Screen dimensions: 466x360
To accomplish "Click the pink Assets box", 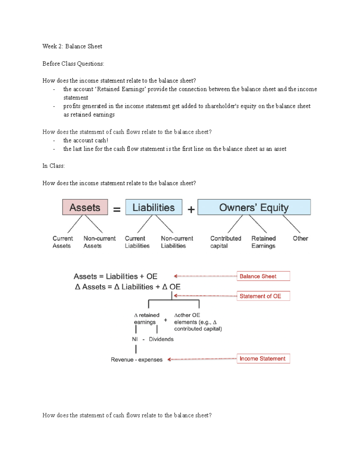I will [x=85, y=207].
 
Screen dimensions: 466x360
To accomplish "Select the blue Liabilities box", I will [x=154, y=207].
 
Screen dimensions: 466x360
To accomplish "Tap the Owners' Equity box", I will [x=254, y=207].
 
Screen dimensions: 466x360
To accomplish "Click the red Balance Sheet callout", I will [x=263, y=276].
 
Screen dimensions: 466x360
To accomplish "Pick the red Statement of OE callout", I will [x=263, y=296].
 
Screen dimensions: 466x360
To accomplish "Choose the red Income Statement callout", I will [x=263, y=359].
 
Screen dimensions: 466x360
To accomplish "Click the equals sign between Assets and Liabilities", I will [x=117, y=209].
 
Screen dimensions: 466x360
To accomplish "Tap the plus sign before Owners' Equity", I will [x=191, y=209].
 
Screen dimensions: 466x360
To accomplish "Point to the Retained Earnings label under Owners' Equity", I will [x=263, y=242].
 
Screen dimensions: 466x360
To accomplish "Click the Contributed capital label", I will [x=225, y=242].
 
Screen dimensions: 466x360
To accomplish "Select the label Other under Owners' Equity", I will [x=300, y=239].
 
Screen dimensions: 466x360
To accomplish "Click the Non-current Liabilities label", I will [x=177, y=242].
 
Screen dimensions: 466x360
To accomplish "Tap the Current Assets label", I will [x=62, y=242].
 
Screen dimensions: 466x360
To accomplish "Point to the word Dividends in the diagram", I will [x=161, y=339].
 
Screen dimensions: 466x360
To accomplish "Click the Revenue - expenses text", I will [x=136, y=359].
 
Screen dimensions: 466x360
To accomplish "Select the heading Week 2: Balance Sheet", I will [x=72, y=46].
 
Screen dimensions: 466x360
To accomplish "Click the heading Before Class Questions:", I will [x=73, y=64].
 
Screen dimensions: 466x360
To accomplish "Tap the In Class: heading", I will [x=53, y=166].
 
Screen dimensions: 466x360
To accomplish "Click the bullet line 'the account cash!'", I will [x=85, y=140].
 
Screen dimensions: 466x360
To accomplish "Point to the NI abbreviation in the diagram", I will [x=135, y=339].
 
